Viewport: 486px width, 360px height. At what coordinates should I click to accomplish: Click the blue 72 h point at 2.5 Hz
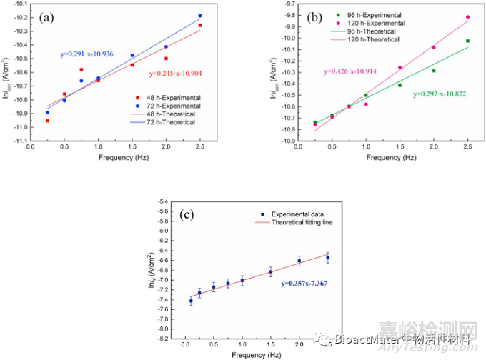(200, 16)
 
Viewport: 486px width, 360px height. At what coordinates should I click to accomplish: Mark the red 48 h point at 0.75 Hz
(81, 69)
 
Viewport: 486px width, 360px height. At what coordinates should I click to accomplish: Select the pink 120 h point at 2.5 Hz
(467, 17)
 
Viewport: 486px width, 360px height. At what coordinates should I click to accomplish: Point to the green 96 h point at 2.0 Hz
(433, 71)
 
